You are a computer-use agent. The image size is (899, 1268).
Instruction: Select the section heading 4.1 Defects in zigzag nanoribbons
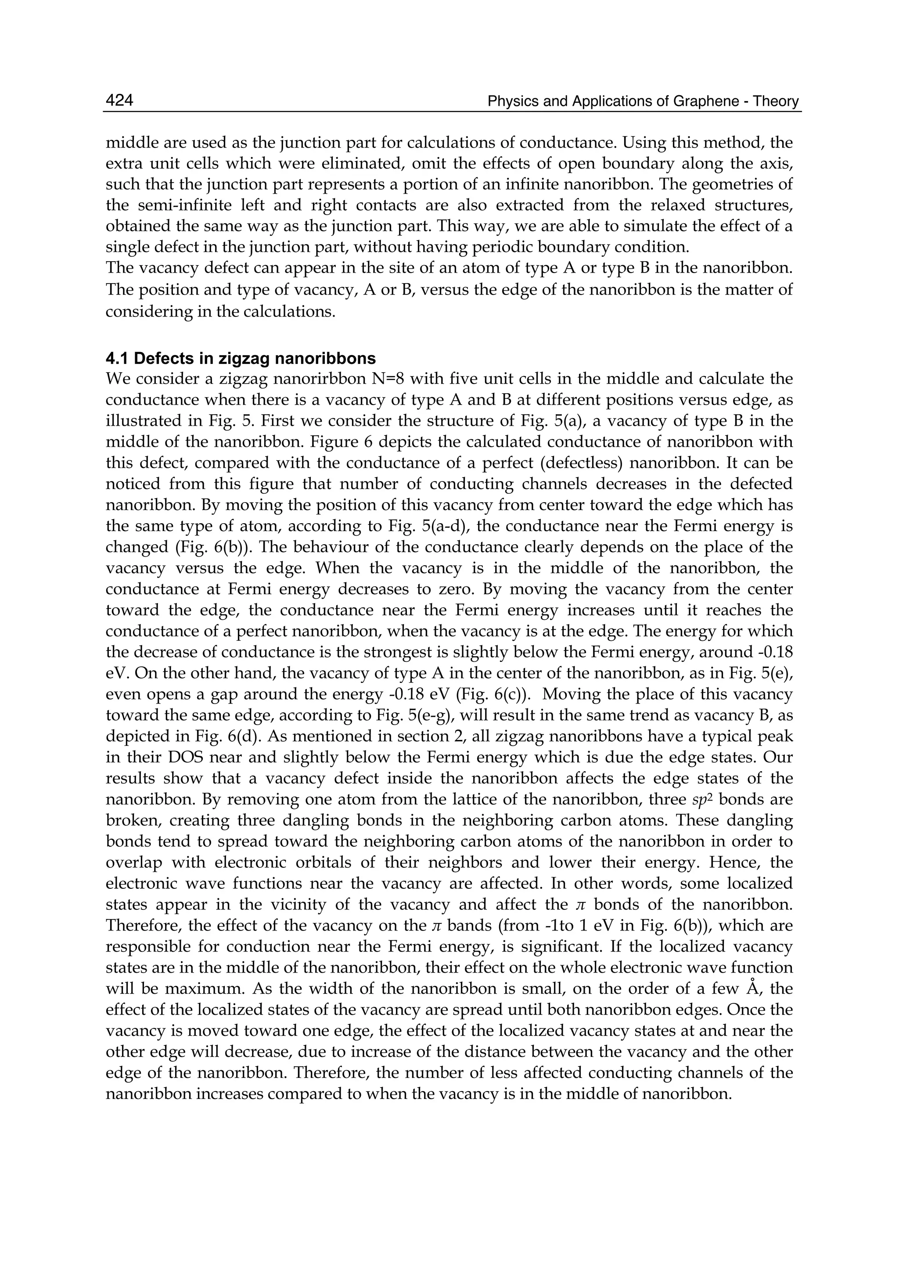click(x=241, y=359)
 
